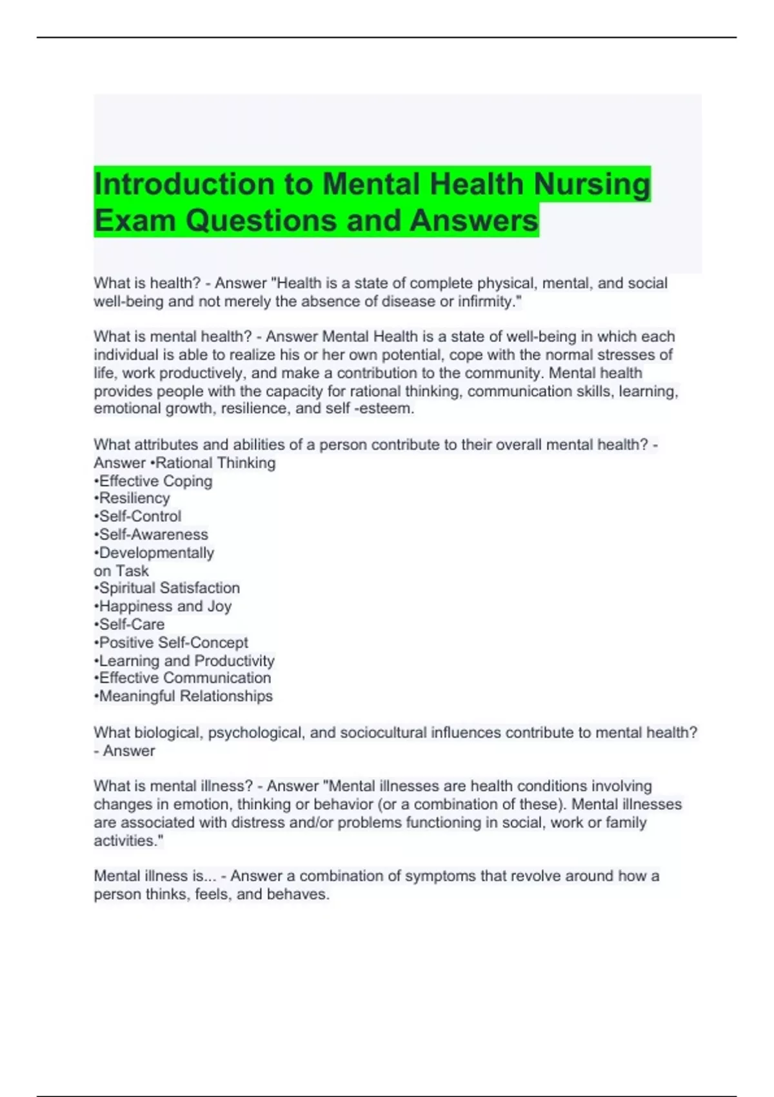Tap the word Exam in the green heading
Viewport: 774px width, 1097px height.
coord(135,221)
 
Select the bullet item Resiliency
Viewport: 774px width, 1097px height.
coord(134,498)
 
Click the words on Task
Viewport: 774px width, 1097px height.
coord(121,570)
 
